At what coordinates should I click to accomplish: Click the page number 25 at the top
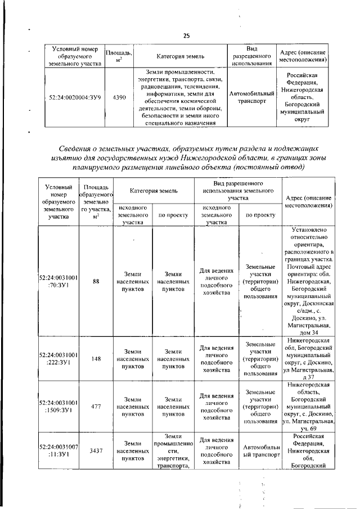(186, 36)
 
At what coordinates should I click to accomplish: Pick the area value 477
(96, 404)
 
